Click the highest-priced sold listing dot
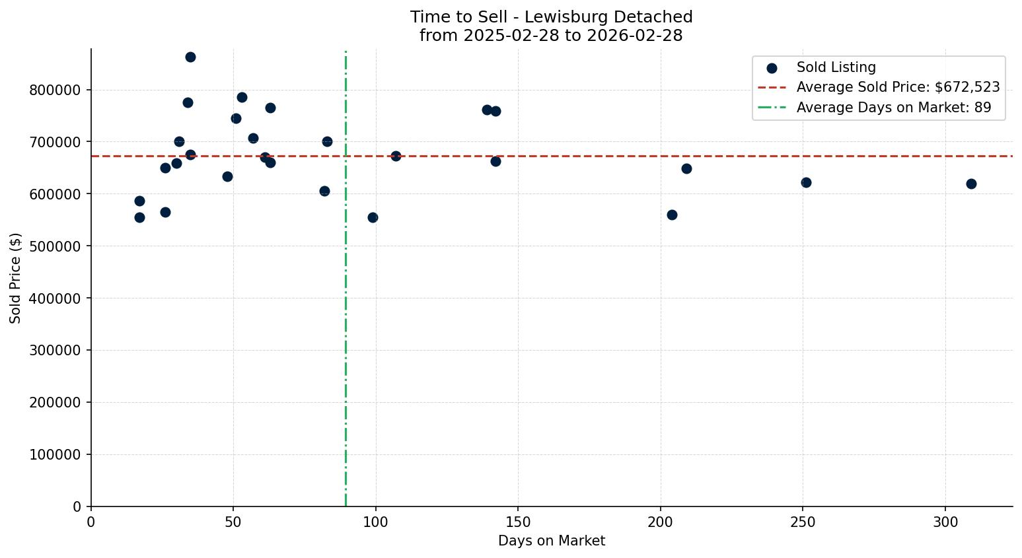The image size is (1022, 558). tap(190, 57)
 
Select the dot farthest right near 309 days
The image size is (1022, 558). tap(971, 184)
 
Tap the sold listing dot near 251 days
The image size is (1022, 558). tap(806, 182)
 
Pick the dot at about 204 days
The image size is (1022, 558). tap(672, 215)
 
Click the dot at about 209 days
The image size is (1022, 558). tap(686, 168)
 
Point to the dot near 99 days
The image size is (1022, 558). tap(373, 217)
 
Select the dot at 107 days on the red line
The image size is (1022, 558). tap(396, 156)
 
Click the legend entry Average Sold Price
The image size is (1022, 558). tap(898, 87)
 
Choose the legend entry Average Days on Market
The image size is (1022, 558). tap(893, 108)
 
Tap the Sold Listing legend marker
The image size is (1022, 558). tap(772, 68)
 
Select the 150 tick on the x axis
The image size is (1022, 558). tap(518, 522)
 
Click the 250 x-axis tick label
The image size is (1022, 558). tap(803, 522)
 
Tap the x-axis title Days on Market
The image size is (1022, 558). tap(552, 541)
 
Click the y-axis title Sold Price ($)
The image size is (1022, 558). tap(15, 278)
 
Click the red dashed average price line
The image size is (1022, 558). tap(595, 156)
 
